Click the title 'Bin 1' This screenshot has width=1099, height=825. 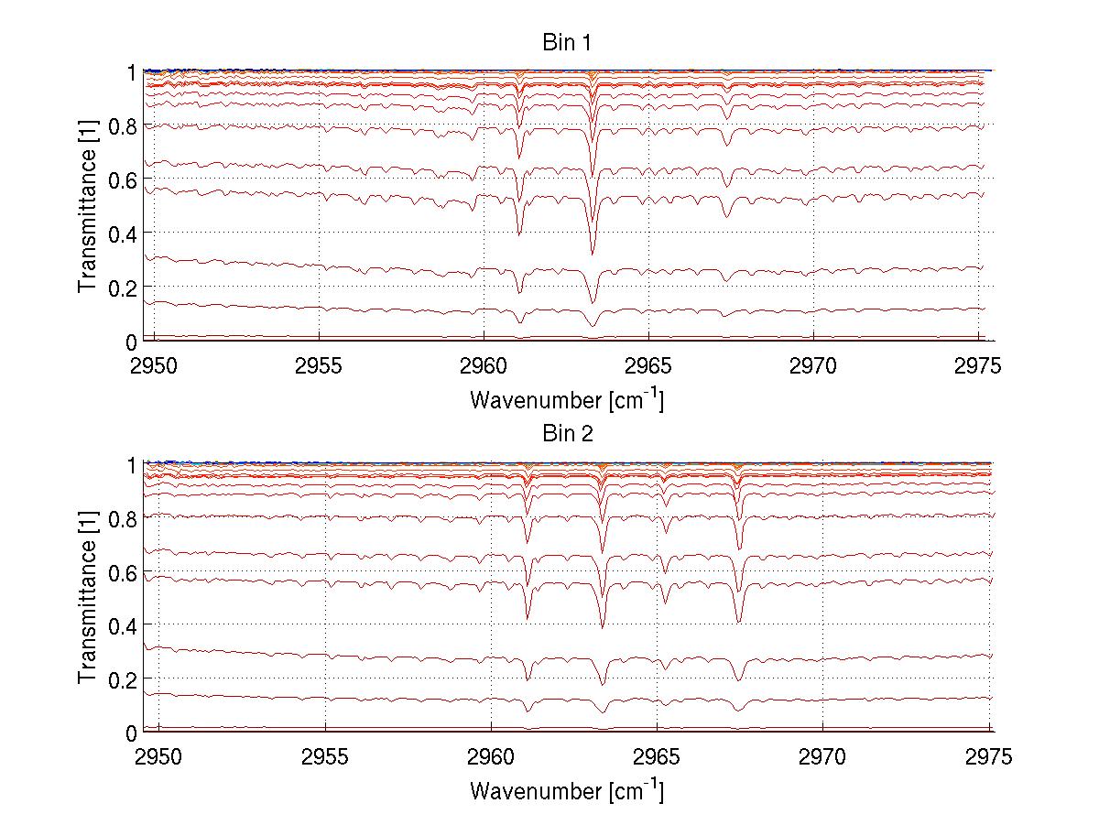point(566,43)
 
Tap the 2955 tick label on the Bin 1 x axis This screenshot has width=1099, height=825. point(319,366)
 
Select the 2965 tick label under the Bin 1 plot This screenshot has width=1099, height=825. point(648,366)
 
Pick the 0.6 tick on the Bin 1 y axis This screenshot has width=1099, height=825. point(125,179)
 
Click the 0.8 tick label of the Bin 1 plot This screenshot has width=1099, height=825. point(125,125)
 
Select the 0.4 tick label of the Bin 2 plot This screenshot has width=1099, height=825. point(125,625)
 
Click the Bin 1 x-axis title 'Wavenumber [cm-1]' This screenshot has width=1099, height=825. point(566,399)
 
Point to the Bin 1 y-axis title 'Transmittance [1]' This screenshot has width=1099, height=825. point(87,206)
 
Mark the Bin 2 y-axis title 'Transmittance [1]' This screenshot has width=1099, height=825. point(87,597)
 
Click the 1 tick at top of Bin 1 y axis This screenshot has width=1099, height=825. point(132,71)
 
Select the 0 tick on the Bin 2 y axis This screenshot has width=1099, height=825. point(132,733)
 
